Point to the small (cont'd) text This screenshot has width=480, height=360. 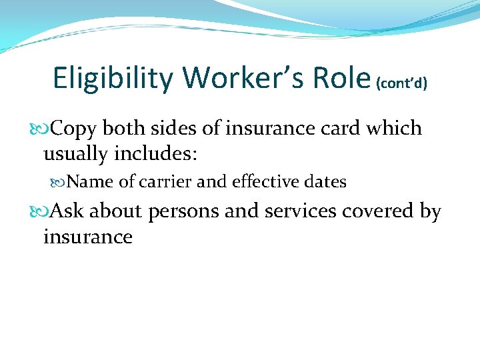pos(402,83)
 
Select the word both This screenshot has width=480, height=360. pos(123,128)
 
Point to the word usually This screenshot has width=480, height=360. pos(78,155)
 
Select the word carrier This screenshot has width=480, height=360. pos(165,182)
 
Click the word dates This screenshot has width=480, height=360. pos(324,181)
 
